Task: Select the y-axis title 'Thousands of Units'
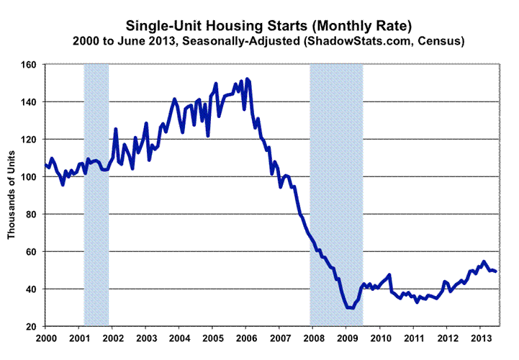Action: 12,195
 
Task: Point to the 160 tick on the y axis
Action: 32,64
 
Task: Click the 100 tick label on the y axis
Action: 32,176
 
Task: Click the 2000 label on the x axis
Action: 45,338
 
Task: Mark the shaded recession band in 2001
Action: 96,194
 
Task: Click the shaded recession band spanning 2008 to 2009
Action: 335,194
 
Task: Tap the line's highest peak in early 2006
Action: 247,78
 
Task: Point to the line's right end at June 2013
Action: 496,271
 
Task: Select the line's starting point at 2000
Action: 45,165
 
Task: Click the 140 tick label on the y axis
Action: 32,102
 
